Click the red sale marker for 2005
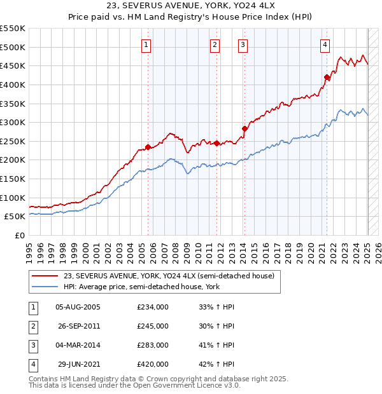coord(148,147)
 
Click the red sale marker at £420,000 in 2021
coord(327,78)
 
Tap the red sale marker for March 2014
coord(244,128)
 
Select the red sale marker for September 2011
coord(216,143)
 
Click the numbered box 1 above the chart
coord(146,44)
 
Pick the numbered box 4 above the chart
coord(325,44)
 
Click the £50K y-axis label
coord(15,216)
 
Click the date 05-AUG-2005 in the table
coord(78,307)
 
